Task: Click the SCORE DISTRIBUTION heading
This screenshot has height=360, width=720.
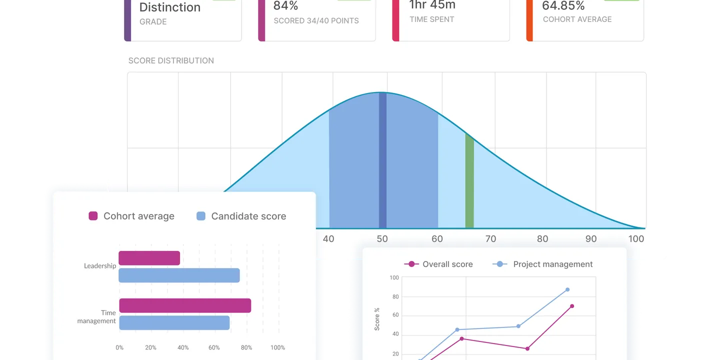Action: tap(171, 60)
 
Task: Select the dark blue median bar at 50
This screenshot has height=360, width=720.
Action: tap(382, 160)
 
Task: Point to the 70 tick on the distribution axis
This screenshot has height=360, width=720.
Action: tap(491, 239)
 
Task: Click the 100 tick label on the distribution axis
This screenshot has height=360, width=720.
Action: tap(636, 239)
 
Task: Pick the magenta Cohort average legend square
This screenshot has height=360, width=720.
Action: tap(93, 216)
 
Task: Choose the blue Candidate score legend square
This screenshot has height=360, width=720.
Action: tap(201, 216)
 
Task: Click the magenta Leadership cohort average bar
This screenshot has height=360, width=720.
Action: tap(149, 258)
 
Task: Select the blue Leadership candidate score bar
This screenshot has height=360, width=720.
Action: tap(179, 275)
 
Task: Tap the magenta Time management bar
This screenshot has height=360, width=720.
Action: tap(185, 305)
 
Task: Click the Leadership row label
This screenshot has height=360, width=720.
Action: tap(100, 266)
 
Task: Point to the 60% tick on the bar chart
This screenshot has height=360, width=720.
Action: tap(214, 347)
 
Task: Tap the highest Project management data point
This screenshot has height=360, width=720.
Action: tap(567, 289)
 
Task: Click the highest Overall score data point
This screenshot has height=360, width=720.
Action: tap(572, 306)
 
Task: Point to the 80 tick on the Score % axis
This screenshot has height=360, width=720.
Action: tap(395, 296)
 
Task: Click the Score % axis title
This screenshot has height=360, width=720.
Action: tap(377, 319)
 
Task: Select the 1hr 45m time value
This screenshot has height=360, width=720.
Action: tap(432, 5)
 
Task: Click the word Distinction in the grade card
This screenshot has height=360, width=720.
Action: tap(169, 7)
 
